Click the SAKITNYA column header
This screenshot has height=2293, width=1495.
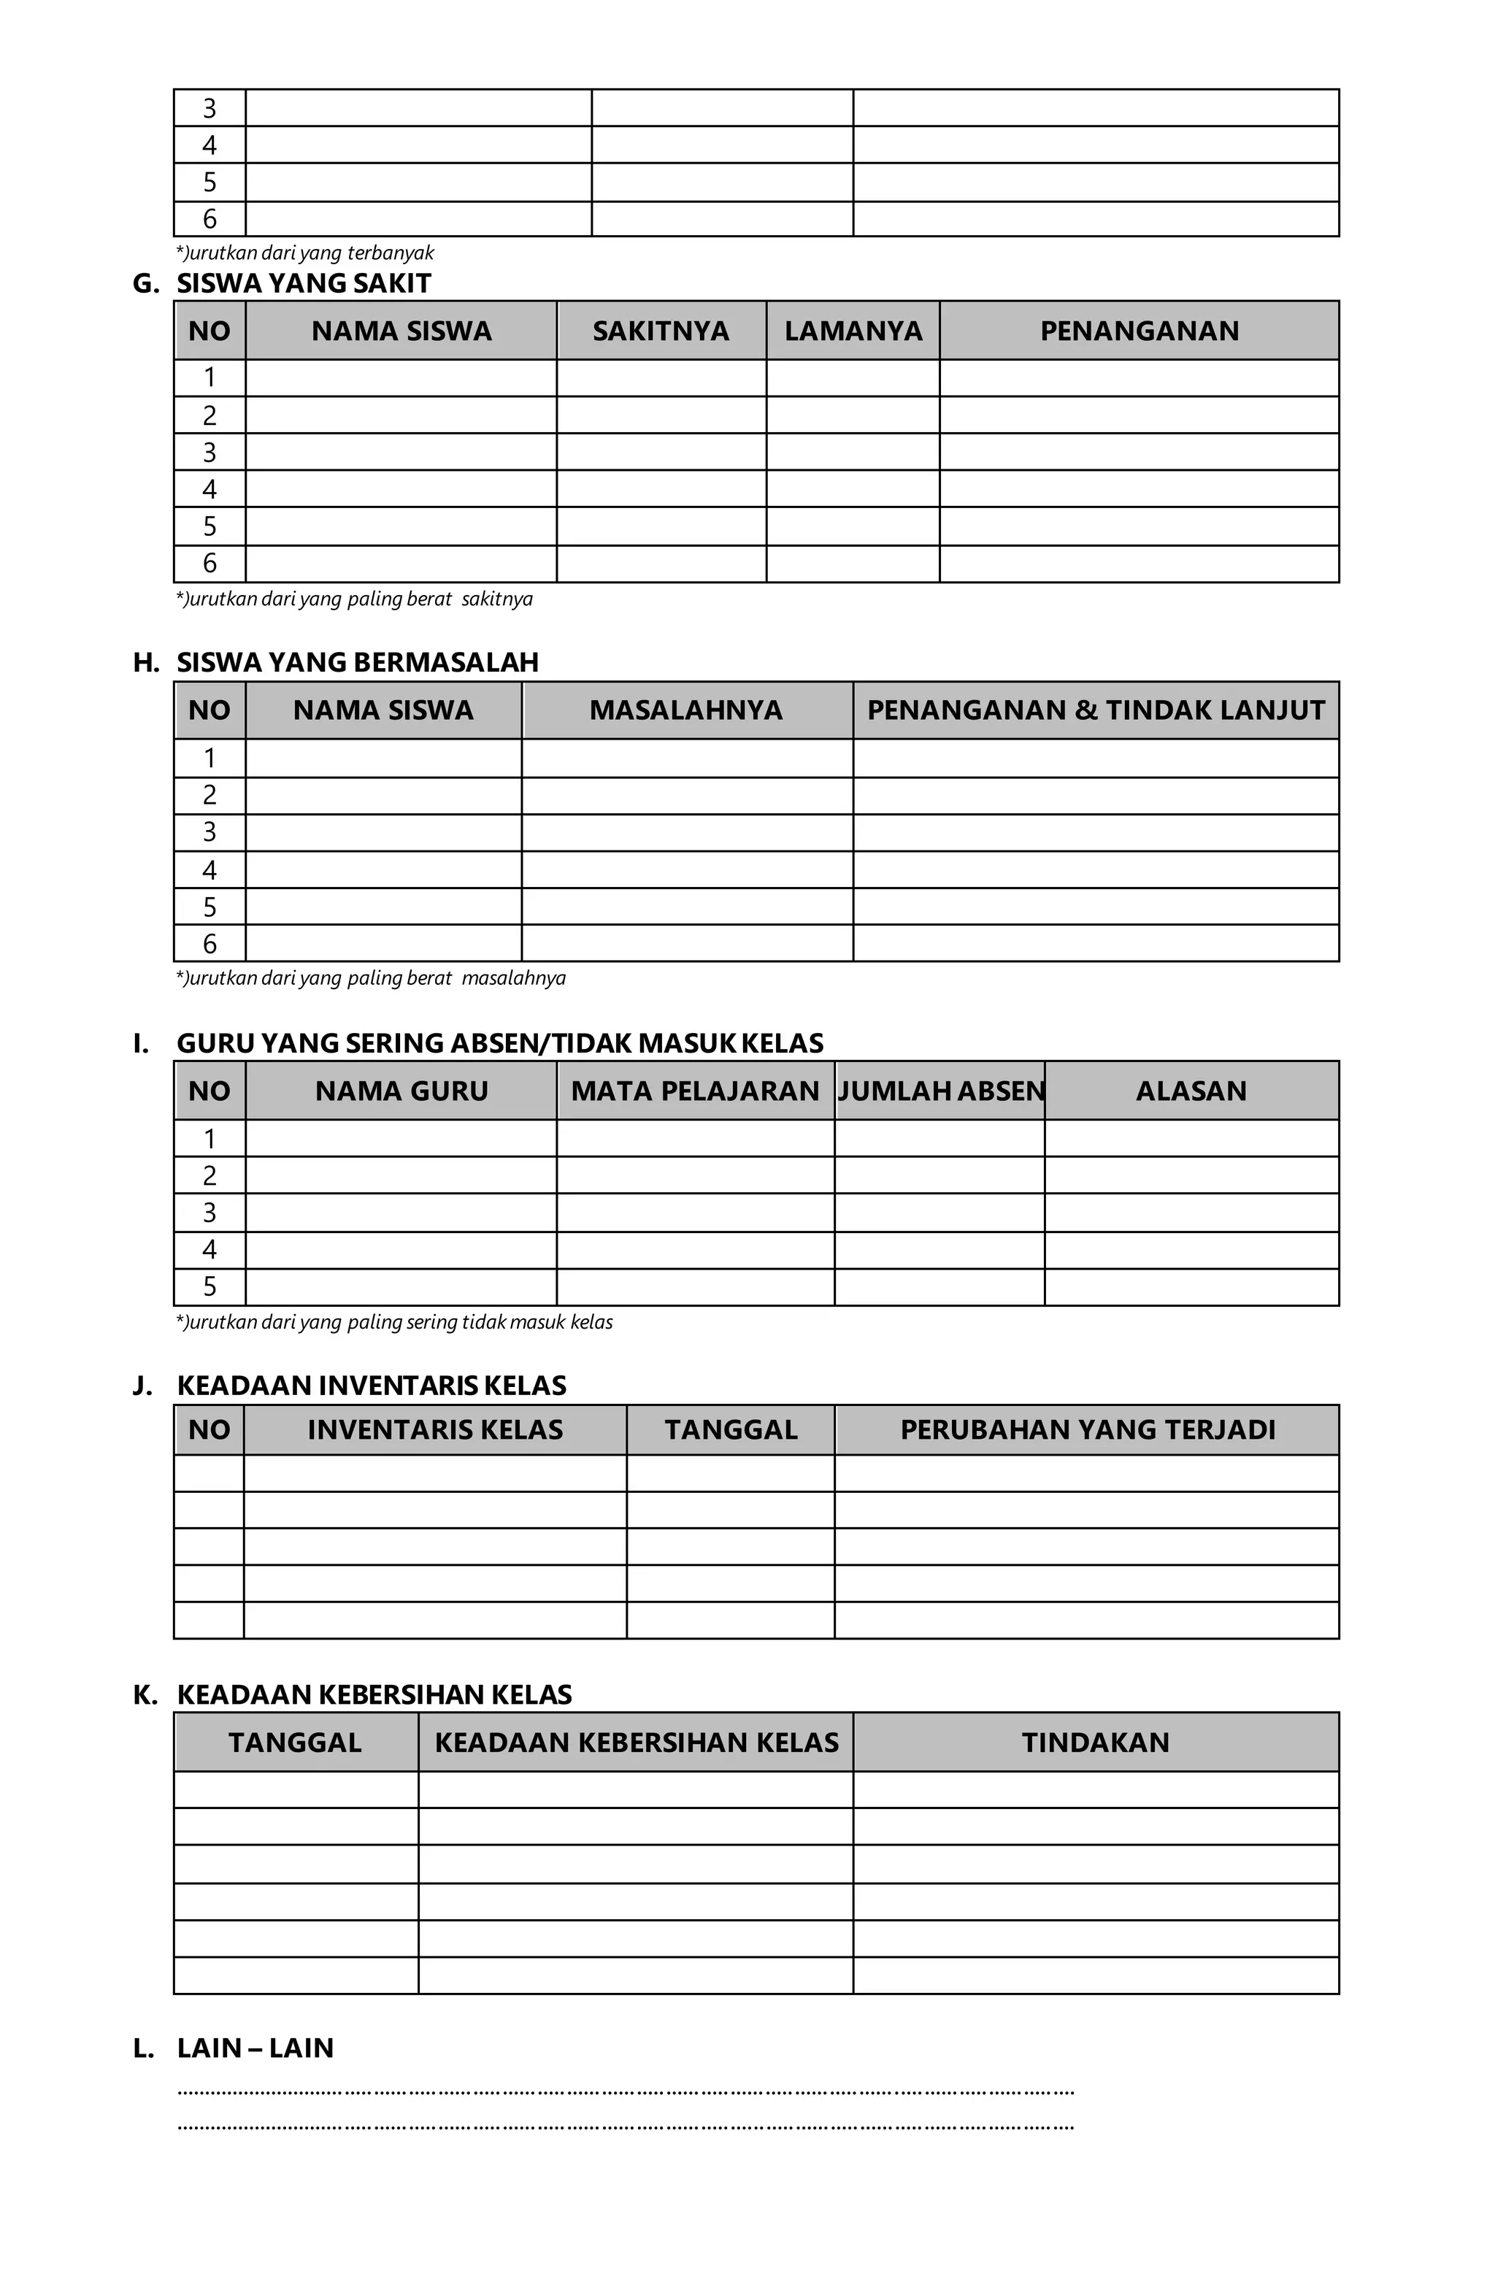pos(660,331)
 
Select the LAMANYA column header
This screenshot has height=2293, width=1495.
pos(853,331)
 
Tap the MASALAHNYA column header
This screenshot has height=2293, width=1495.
pos(686,710)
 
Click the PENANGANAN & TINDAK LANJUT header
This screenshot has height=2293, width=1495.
pos(1095,710)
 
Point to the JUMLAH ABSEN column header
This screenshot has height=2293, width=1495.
pos(940,1091)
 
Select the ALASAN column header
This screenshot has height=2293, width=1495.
pos(1191,1091)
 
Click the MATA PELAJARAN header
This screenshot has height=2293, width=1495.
pos(694,1091)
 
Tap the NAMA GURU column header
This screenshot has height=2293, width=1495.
pos(401,1091)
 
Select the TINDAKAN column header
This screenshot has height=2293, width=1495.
pos(1095,1742)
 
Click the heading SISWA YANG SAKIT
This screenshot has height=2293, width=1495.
pos(304,283)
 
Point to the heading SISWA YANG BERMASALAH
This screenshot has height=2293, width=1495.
pos(358,663)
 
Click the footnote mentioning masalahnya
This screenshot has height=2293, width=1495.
pos(371,978)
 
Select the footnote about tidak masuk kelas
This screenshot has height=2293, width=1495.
pos(394,1322)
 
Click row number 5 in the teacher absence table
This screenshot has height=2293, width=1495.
pos(209,1287)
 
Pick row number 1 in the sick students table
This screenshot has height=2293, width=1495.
pos(209,377)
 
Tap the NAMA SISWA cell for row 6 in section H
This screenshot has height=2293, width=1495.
pos(383,943)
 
